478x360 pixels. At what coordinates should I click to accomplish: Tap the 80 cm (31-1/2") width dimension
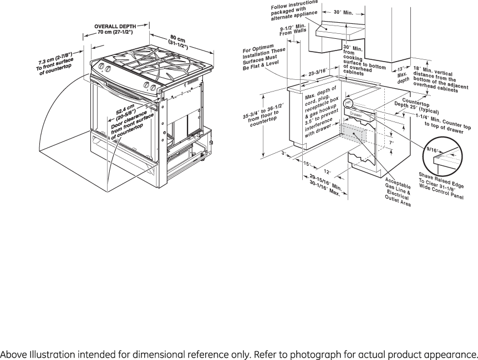coord(180,44)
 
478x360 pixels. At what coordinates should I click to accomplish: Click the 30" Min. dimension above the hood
coord(344,12)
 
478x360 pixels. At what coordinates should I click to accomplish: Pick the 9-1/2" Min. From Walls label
coord(293,32)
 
